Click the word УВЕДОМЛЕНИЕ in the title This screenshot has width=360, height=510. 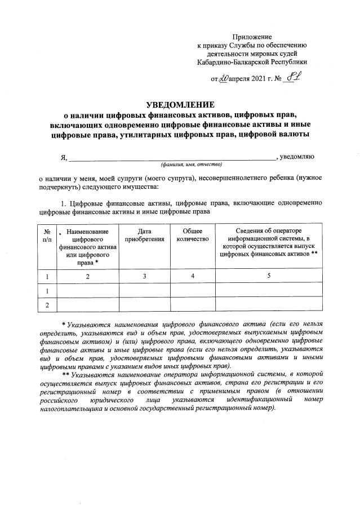(180, 105)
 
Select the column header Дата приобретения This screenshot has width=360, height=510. (144, 235)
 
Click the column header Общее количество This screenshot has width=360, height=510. (193, 235)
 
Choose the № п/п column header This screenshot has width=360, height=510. (47, 235)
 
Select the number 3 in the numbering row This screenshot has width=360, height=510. (144, 276)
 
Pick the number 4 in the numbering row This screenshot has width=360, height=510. (193, 276)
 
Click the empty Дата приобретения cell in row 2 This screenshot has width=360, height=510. (144, 305)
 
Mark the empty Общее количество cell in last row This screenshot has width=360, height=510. (193, 305)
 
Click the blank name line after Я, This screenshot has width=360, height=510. (169, 156)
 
